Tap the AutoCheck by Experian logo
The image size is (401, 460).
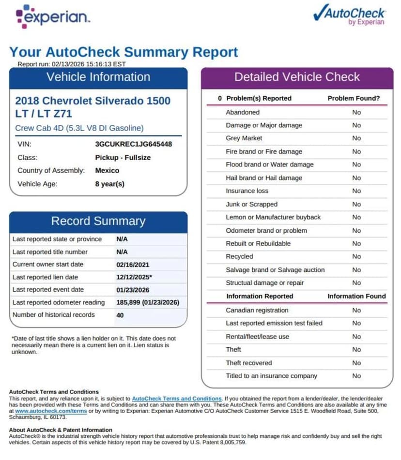click(349, 15)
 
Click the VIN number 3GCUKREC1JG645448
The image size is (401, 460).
click(133, 144)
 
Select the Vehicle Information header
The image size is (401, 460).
click(98, 77)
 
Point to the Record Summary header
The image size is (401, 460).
click(98, 221)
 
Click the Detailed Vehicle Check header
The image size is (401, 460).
click(297, 77)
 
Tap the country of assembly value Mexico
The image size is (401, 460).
click(107, 170)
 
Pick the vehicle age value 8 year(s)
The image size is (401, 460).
click(109, 184)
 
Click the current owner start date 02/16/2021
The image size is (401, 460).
click(133, 265)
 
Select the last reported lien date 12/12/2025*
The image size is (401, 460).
click(134, 277)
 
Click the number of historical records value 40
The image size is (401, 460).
click(120, 315)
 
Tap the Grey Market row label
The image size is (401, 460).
click(244, 138)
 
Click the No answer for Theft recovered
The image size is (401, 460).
click(356, 363)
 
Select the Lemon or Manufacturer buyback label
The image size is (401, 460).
click(273, 217)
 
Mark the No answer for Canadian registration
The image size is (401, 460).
click(356, 310)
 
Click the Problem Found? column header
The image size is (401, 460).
click(354, 98)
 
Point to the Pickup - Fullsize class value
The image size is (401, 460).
click(123, 157)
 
